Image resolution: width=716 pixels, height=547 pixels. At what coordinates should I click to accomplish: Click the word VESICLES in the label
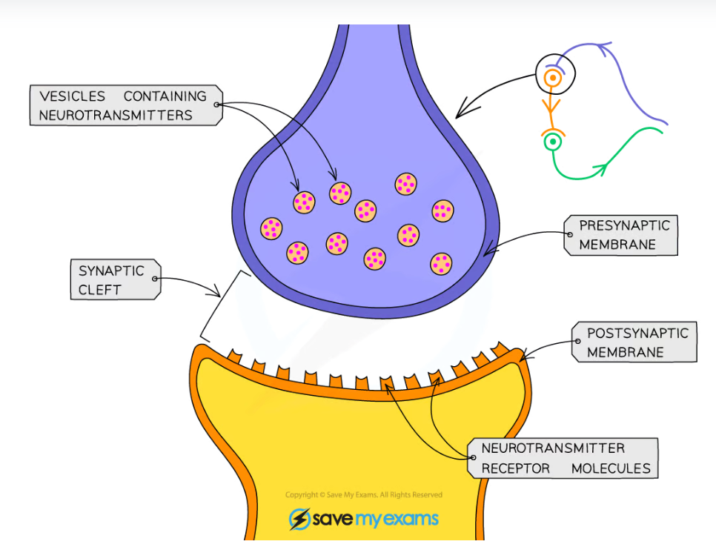73,96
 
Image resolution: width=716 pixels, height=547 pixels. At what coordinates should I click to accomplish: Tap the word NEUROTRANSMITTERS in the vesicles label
116,115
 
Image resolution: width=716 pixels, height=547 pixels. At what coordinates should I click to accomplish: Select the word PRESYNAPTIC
624,226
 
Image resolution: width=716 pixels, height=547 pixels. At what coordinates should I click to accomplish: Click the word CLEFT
99,290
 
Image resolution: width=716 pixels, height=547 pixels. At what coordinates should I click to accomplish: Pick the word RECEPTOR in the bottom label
516,468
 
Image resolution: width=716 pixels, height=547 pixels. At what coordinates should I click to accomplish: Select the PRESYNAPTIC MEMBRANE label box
621,236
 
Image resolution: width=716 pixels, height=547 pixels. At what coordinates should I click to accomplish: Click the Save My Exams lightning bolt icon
299,519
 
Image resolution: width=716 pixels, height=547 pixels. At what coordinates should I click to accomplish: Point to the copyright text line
363,495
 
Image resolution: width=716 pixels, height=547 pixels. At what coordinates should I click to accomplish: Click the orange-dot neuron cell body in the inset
551,76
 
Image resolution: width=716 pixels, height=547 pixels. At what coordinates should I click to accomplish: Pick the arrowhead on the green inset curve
601,169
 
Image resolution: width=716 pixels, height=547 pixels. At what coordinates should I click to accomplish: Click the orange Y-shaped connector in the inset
551,107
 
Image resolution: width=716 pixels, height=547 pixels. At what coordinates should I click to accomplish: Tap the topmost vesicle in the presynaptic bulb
405,183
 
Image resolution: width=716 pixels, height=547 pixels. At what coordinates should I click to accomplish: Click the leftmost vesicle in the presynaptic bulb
271,228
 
